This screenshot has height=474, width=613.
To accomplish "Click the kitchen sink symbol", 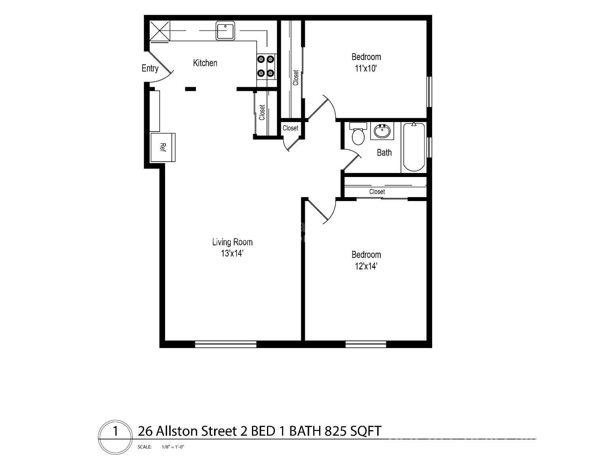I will [x=226, y=31].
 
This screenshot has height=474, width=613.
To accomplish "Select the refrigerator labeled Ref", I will [x=163, y=147].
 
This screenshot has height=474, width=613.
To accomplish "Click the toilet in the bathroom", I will [x=358, y=134].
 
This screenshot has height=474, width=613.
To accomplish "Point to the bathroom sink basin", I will [x=382, y=131].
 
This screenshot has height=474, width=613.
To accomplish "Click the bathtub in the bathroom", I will [x=414, y=147].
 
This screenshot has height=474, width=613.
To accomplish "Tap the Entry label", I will [x=150, y=68].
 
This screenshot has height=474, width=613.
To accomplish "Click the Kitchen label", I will [x=205, y=63].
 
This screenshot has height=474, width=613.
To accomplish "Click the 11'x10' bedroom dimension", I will [x=366, y=68].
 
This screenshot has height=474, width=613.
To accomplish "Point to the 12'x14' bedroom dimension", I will [x=366, y=266].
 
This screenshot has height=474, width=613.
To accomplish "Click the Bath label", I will [x=384, y=152].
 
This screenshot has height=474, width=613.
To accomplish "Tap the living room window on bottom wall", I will [x=226, y=344].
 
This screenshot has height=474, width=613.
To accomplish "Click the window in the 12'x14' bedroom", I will [x=366, y=344].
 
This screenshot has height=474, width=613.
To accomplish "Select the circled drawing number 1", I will [x=115, y=431].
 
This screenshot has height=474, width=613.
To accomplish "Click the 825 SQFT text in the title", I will [x=353, y=431].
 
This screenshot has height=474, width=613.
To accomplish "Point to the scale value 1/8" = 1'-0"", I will [x=173, y=447].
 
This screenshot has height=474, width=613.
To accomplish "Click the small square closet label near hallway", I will [x=290, y=128].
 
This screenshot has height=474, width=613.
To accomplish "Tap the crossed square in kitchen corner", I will [x=160, y=31].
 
